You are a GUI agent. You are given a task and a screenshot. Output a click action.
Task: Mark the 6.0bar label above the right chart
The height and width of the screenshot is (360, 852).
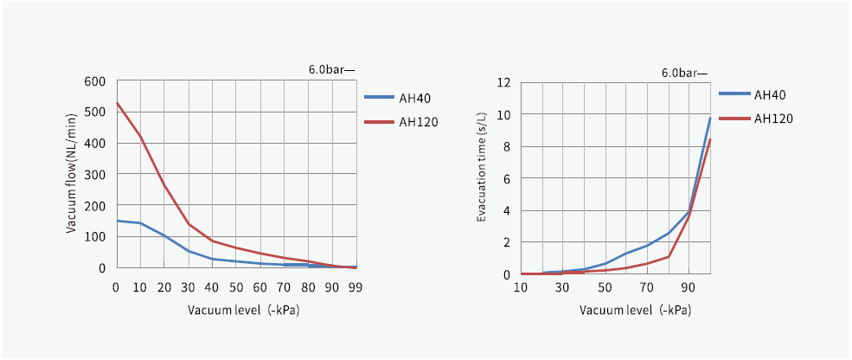click(684, 73)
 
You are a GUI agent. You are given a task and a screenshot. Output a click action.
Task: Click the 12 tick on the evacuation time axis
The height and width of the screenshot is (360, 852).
click(503, 83)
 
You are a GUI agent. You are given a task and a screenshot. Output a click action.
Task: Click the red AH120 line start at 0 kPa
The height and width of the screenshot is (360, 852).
click(117, 104)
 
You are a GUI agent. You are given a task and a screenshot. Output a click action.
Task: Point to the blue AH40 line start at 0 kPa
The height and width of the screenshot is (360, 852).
click(117, 221)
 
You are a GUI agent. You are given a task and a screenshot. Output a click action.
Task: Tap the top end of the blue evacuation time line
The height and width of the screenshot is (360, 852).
click(710, 118)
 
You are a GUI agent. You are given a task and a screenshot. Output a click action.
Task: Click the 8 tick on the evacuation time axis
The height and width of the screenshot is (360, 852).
click(507, 147)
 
